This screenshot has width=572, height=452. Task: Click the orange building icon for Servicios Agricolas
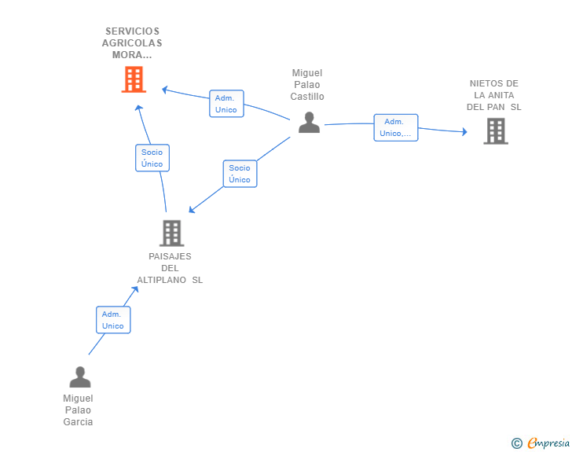(134, 79)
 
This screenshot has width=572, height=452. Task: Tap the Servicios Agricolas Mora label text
(132, 44)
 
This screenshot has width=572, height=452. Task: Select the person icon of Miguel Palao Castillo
(309, 123)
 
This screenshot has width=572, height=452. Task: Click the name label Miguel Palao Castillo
(306, 85)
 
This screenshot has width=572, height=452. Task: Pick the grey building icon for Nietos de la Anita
(495, 131)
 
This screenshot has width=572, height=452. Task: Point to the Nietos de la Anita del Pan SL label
(493, 95)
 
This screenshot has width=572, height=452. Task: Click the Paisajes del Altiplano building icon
(171, 233)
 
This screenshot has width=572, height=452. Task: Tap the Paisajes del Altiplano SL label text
(170, 268)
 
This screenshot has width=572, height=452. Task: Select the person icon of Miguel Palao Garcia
(80, 377)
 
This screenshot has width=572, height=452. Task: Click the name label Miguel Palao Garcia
(79, 410)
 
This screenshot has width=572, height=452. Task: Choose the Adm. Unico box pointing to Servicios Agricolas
(226, 104)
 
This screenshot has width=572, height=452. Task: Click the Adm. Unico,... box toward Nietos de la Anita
(395, 127)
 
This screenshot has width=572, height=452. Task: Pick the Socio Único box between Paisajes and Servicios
(152, 158)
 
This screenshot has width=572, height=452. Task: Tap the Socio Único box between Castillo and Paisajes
(240, 174)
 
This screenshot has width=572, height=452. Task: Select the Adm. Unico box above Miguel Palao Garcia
(113, 320)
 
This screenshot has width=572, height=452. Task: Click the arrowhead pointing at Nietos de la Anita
(464, 131)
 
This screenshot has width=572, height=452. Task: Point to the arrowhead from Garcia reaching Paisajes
(135, 289)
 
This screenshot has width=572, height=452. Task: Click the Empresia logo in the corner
(548, 443)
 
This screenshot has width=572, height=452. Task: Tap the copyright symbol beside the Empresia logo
(516, 443)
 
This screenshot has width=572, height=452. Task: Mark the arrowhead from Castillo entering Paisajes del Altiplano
(192, 210)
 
